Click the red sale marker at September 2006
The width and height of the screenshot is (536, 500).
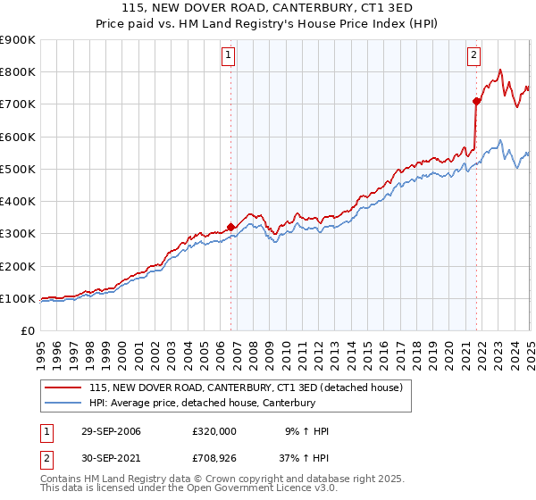pos(231,227)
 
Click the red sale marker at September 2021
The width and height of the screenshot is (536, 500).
pos(476,101)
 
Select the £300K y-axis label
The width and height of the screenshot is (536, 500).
pos(18,234)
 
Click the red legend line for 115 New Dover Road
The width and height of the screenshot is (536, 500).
pos(63,388)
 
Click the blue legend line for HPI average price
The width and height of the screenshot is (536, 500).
pos(63,404)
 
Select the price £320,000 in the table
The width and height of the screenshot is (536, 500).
pos(214,431)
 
